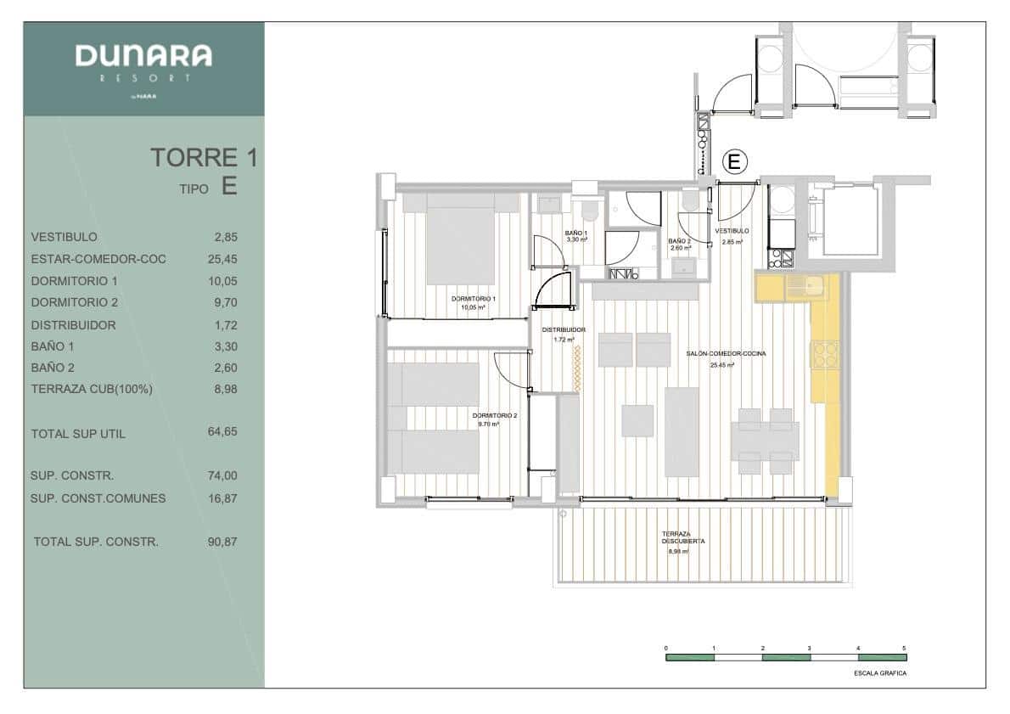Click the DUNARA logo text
click(x=143, y=57)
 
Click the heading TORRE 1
click(x=204, y=158)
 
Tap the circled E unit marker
click(x=734, y=160)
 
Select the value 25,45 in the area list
click(x=222, y=259)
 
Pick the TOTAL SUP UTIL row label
click(x=78, y=434)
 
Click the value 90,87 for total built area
click(x=222, y=542)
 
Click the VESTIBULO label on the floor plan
click(x=732, y=231)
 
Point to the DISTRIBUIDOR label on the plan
click(x=564, y=329)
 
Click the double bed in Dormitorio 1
click(x=460, y=240)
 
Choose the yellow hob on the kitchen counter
click(x=824, y=354)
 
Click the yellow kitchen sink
click(x=802, y=287)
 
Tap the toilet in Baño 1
click(x=586, y=210)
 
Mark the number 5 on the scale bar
click(x=905, y=648)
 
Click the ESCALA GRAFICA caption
click(x=880, y=673)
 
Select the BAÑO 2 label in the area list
click(x=53, y=368)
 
